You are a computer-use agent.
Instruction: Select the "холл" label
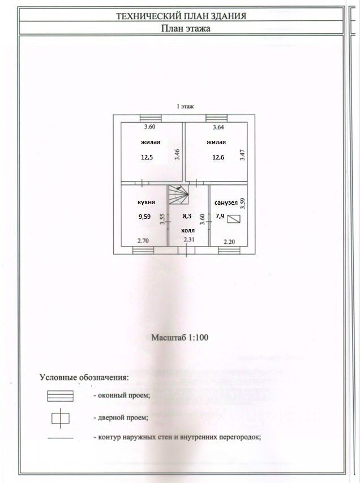click(187, 231)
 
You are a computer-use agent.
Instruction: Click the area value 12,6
click(218, 157)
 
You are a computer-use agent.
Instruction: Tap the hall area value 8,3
click(187, 215)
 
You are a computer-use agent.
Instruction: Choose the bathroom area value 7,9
click(219, 215)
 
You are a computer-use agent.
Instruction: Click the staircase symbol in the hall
click(179, 198)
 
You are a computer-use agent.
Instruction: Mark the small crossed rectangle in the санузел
click(233, 219)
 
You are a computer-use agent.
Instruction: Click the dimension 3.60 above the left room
click(149, 127)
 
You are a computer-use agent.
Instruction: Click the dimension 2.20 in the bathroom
click(229, 241)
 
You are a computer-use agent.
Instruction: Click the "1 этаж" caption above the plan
click(185, 107)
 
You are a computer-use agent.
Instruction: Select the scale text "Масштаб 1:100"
click(179, 338)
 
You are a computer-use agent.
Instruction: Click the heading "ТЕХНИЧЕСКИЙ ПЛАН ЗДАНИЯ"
click(181, 17)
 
